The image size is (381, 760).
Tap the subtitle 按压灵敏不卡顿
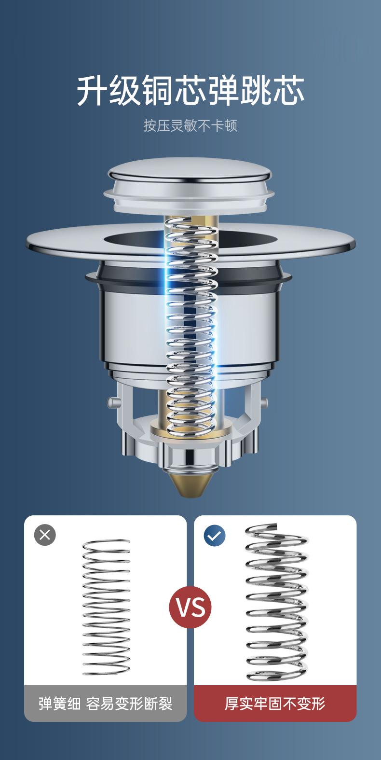[x=190, y=125]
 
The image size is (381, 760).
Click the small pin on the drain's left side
[x=112, y=402]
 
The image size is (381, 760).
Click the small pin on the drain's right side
[x=264, y=402]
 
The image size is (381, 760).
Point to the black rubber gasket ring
[x=188, y=279]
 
